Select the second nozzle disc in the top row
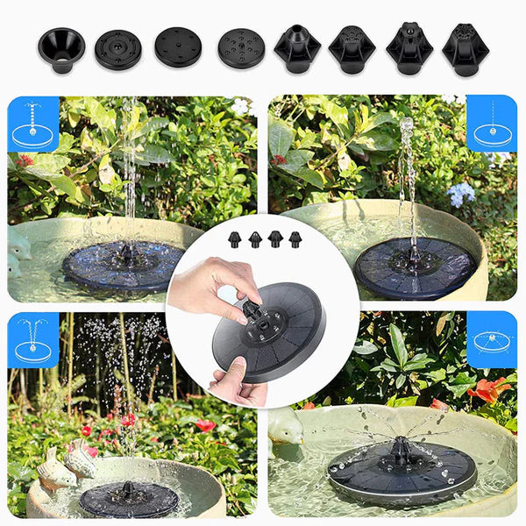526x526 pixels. pyautogui.click(x=117, y=49)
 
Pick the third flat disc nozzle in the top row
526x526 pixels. pyautogui.click(x=178, y=47)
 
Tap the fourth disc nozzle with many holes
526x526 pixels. pyautogui.click(x=240, y=49)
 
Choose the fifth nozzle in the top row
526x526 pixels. pyautogui.click(x=297, y=48)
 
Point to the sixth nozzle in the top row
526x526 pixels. pyautogui.click(x=352, y=49)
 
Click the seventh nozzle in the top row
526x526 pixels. pyautogui.click(x=409, y=48)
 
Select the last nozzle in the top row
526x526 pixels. pyautogui.click(x=466, y=49)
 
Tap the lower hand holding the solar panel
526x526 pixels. pyautogui.click(x=237, y=386)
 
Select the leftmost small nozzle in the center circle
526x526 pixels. pyautogui.click(x=235, y=238)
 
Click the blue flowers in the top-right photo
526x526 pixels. pyautogui.click(x=460, y=192)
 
